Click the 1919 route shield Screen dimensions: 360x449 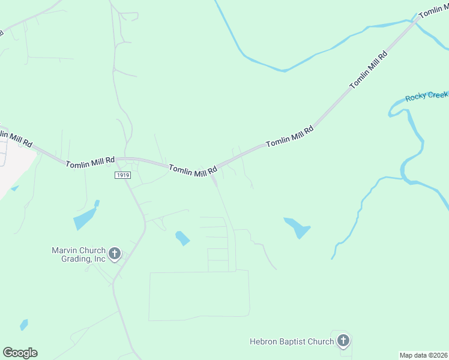[x=122, y=174]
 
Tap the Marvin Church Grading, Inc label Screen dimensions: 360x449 [x=78, y=254]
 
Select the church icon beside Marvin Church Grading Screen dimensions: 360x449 [x=115, y=254]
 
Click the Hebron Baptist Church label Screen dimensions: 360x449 [x=292, y=342]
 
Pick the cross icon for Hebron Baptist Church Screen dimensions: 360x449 [x=343, y=341]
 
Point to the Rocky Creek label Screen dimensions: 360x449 [x=426, y=96]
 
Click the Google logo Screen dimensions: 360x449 [x=20, y=353]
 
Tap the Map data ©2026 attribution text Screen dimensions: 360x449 [x=424, y=355]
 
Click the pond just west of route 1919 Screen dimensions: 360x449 [x=85, y=217]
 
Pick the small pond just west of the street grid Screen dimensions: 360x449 [x=182, y=238]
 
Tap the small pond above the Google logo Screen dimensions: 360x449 [x=24, y=325]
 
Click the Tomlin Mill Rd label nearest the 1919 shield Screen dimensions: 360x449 [x=90, y=162]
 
